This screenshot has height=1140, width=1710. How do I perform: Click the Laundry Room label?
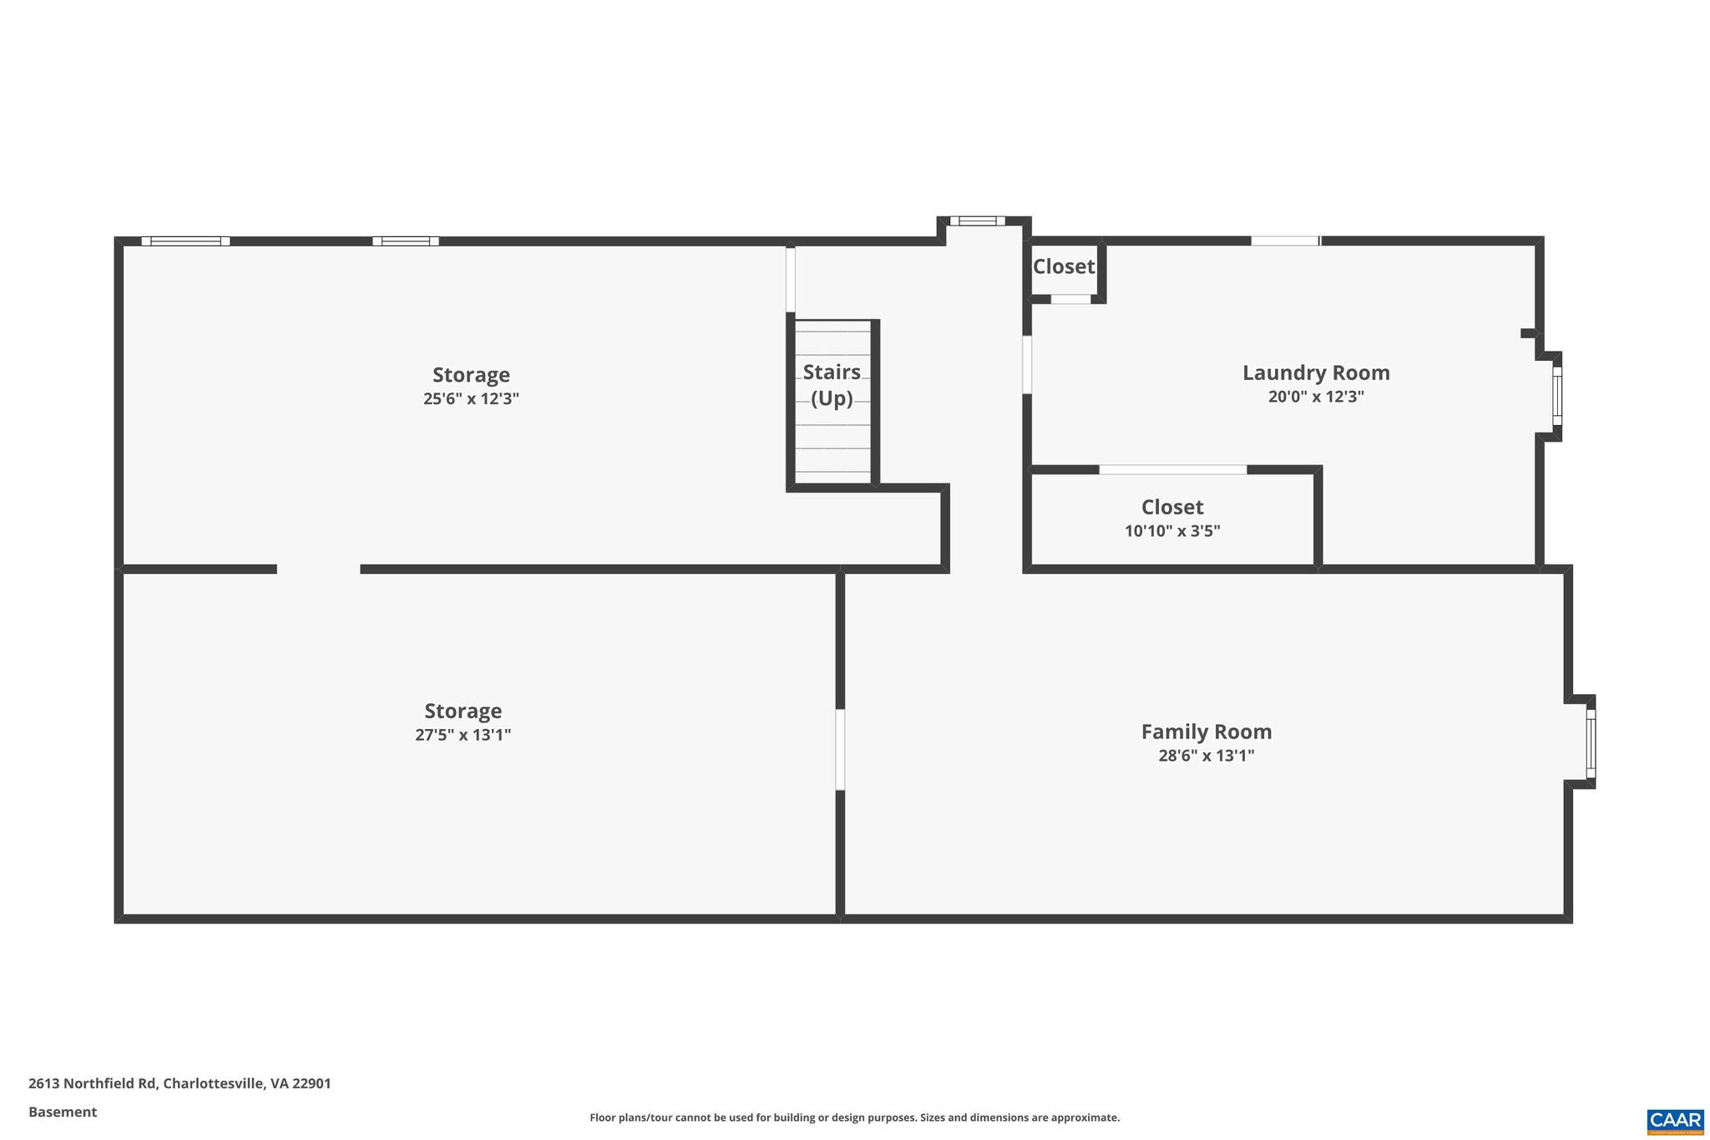1316,372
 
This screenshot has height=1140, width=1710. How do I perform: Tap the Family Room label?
1206,732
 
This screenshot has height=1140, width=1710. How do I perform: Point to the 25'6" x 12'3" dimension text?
471,398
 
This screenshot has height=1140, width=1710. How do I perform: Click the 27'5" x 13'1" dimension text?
463,735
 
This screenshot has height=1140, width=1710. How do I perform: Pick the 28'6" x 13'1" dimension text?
1206,756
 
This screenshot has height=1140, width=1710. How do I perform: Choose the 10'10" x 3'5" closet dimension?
1171,530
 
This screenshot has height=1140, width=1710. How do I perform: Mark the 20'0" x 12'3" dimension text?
1316,397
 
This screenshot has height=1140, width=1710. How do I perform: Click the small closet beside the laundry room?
1063,267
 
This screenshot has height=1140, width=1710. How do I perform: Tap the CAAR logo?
1675,1120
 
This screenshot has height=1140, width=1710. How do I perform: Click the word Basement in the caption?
63,1112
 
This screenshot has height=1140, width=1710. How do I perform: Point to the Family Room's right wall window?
1591,743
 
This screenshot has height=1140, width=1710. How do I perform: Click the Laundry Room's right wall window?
1556,397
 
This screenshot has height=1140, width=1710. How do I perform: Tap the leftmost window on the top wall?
185,241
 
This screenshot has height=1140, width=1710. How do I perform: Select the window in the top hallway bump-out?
977,221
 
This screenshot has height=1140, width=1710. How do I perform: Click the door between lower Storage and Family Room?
840,749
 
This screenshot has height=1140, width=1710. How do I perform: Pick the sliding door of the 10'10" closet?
1172,469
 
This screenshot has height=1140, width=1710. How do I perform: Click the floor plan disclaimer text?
854,1117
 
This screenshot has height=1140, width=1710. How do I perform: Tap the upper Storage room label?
471,375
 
